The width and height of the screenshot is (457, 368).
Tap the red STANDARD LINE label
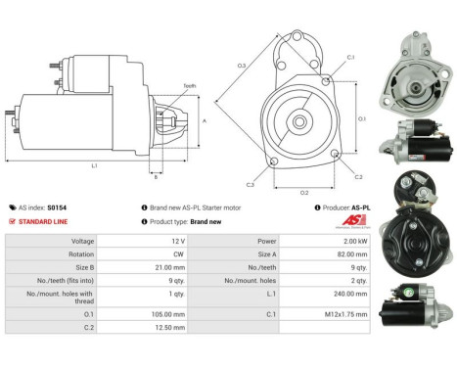tap(41, 221)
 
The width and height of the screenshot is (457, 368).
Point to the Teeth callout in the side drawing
tap(189, 86)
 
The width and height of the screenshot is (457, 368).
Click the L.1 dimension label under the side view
tap(94, 166)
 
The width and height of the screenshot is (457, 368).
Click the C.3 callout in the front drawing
tap(251, 184)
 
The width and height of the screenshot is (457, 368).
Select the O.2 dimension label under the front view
tap(304, 192)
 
